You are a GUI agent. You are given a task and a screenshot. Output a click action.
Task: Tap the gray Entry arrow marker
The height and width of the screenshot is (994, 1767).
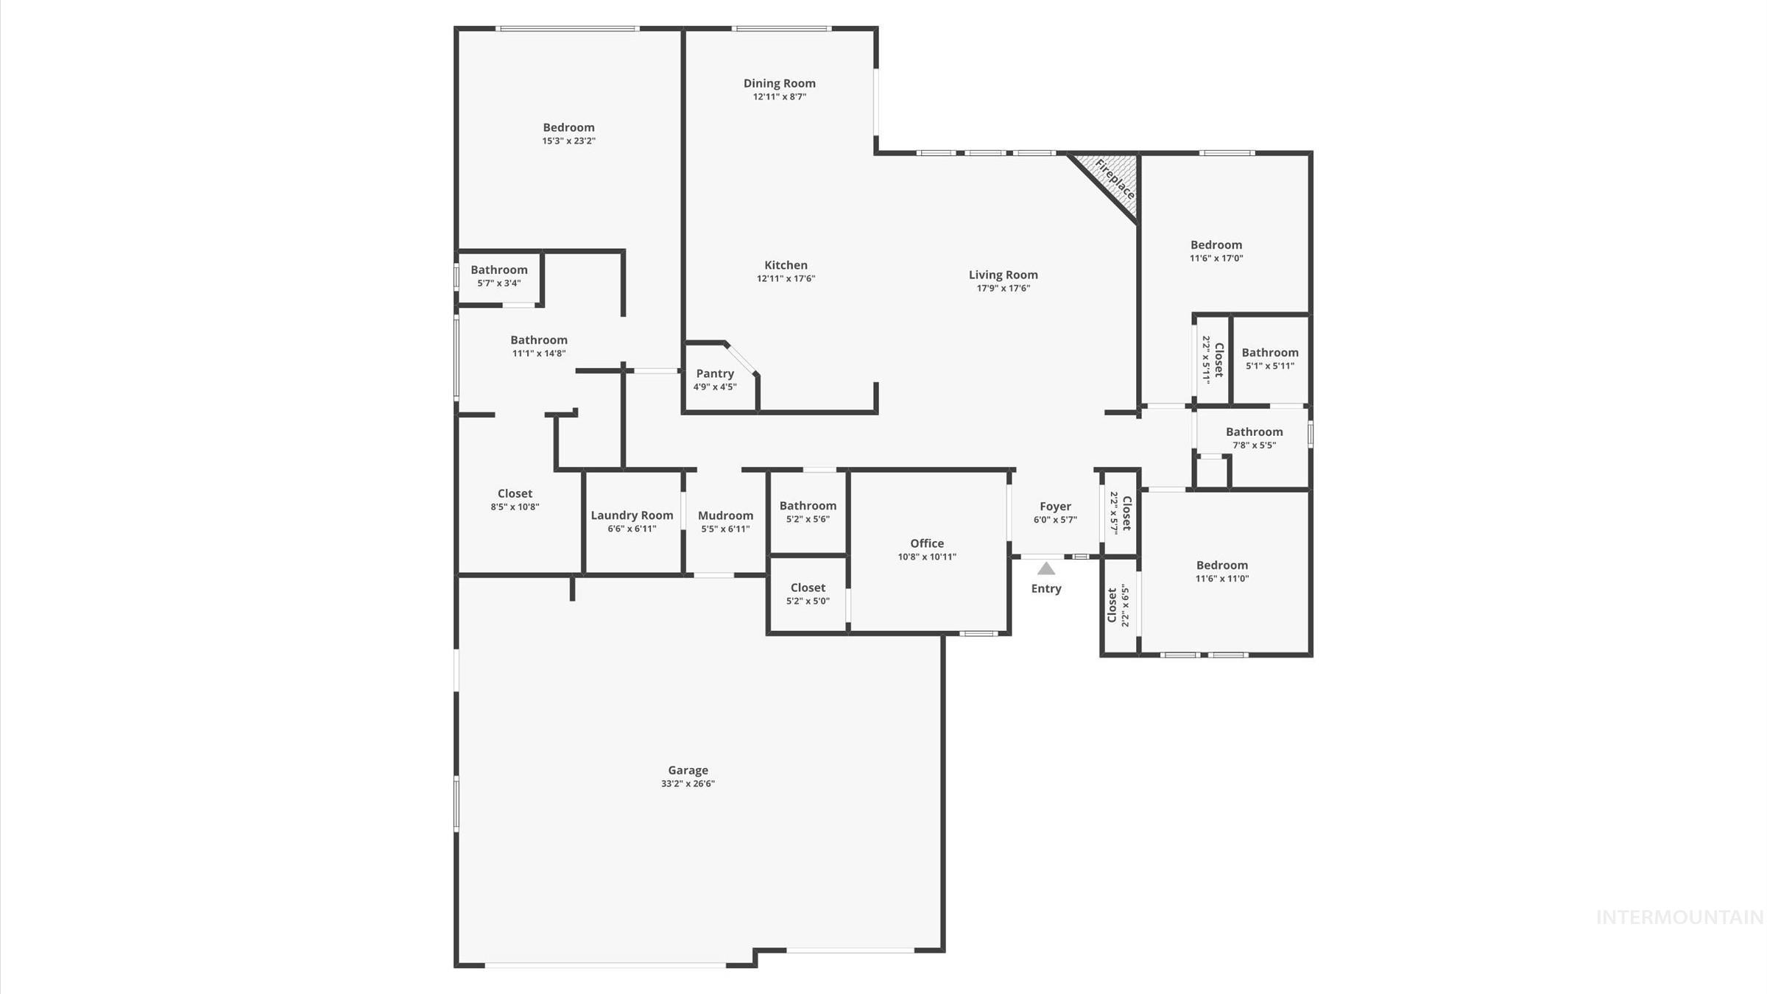(x=1046, y=568)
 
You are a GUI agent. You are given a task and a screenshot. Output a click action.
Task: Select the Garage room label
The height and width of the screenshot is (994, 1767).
(x=688, y=770)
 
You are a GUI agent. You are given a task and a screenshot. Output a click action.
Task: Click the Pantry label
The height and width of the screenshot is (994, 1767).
(x=715, y=373)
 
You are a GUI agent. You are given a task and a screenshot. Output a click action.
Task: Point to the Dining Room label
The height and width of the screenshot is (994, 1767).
(x=779, y=83)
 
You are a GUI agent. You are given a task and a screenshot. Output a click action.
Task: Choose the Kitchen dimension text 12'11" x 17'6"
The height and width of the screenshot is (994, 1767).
(x=786, y=278)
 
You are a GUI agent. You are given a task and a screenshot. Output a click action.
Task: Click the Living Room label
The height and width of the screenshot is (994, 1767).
(x=1003, y=275)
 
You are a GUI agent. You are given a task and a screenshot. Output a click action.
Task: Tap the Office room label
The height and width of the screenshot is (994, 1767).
(x=926, y=543)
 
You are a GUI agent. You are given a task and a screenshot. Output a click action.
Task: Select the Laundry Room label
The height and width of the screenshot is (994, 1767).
(x=632, y=515)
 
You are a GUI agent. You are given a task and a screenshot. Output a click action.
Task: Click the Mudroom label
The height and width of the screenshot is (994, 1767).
(x=725, y=515)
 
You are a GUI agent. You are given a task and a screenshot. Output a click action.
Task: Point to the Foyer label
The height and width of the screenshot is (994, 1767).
(x=1055, y=507)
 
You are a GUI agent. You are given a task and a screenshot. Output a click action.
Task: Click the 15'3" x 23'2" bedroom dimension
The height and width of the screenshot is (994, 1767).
(x=568, y=141)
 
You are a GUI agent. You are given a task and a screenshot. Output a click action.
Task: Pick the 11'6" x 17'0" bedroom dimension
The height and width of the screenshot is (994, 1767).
(x=1216, y=258)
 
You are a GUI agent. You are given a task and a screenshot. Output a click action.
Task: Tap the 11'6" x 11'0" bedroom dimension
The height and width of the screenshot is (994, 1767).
(x=1221, y=578)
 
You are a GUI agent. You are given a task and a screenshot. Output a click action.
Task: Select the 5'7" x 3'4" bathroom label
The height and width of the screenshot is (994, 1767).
(x=499, y=269)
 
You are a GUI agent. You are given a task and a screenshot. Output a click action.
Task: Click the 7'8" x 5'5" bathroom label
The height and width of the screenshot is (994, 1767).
(x=1254, y=432)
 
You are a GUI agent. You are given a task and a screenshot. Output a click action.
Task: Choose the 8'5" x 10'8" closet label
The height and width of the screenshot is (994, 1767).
(x=515, y=493)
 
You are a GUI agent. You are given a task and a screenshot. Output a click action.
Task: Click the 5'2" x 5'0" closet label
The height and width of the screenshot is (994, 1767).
(x=808, y=588)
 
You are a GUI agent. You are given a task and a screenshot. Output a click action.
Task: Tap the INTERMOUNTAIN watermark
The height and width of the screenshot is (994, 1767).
(x=1679, y=917)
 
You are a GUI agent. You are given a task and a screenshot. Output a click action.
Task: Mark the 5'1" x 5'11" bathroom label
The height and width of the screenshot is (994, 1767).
(x=1269, y=353)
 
